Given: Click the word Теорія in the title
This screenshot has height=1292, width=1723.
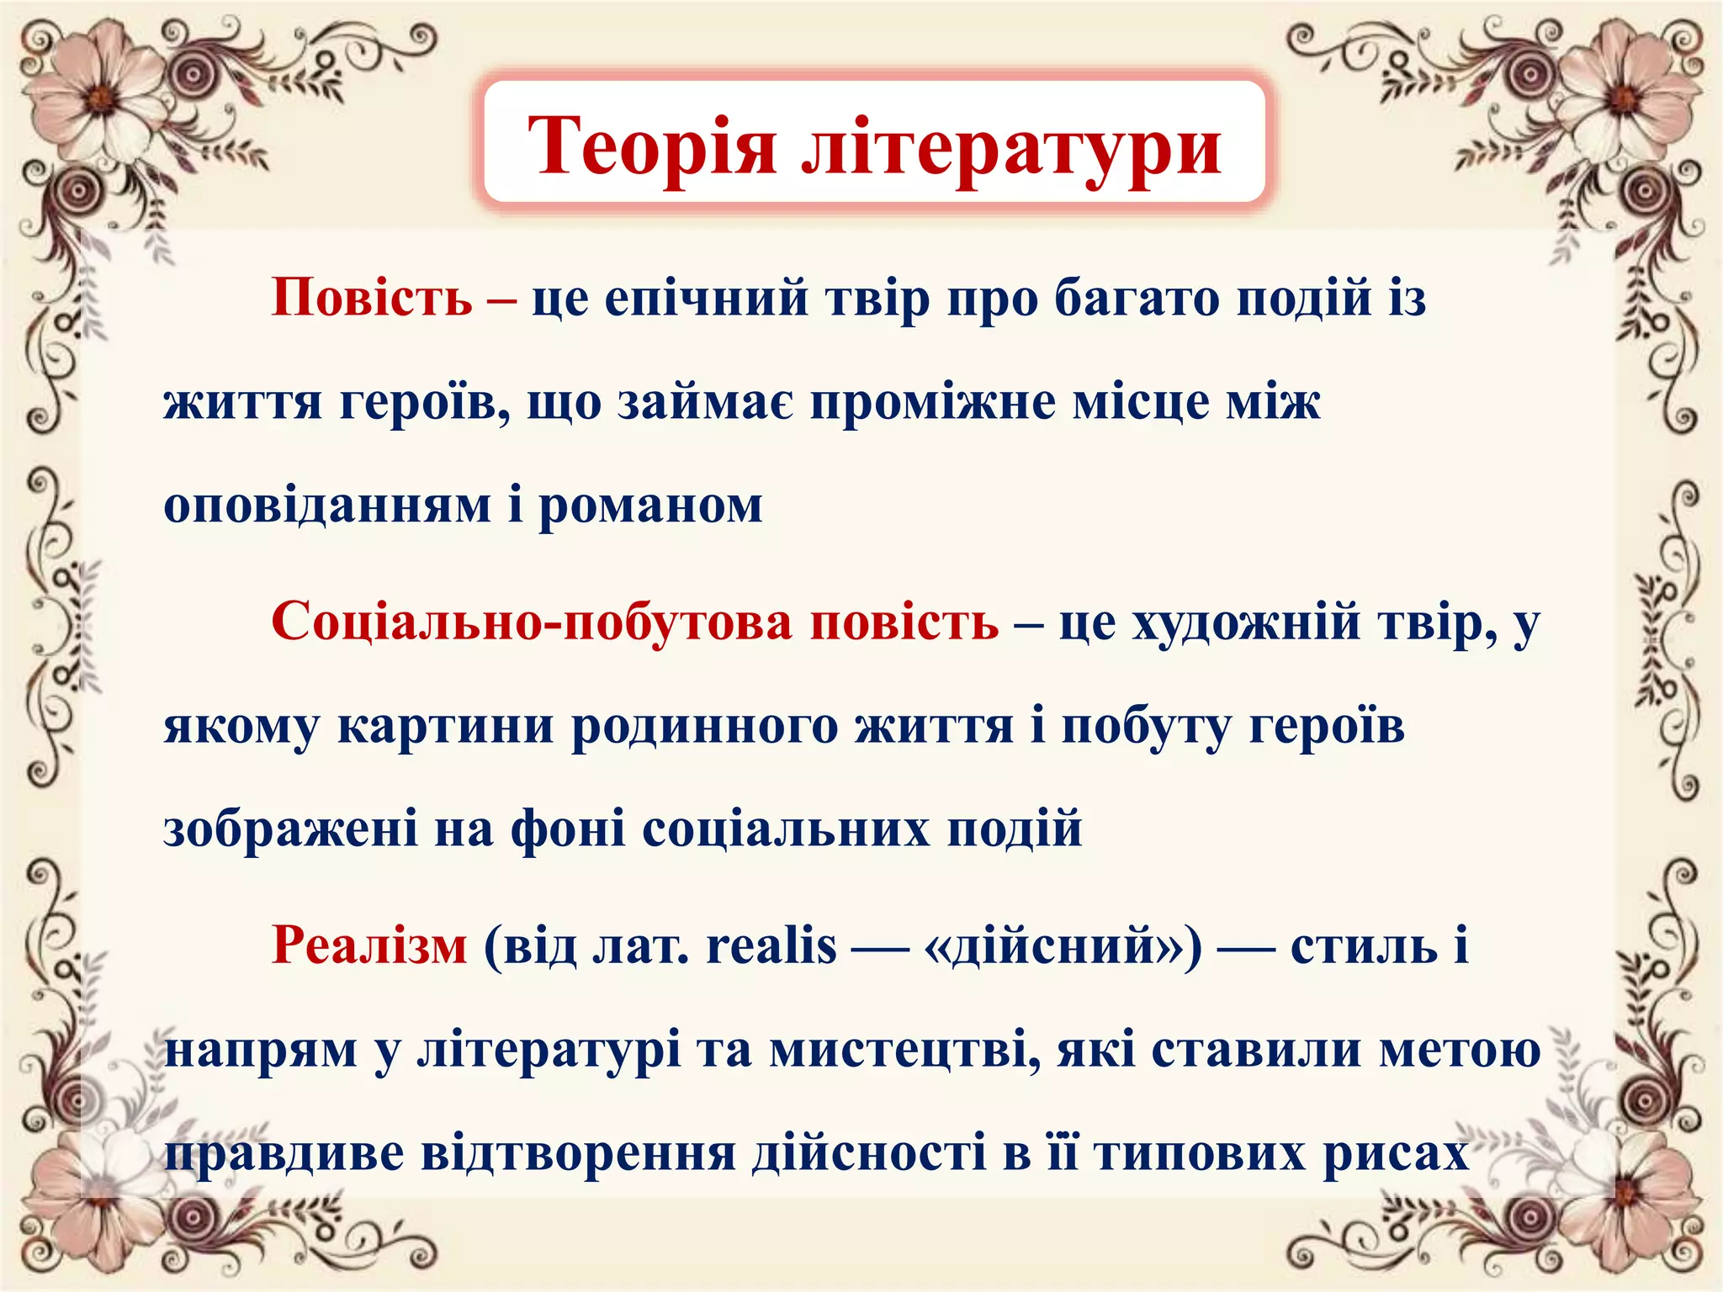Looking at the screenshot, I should pyautogui.click(x=651, y=145).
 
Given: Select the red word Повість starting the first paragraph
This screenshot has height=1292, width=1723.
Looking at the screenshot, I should pyautogui.click(x=372, y=297).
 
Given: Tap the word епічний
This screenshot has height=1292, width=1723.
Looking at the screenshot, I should pyautogui.click(x=706, y=299).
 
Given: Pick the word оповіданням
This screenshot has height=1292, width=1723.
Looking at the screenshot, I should pyautogui.click(x=327, y=506).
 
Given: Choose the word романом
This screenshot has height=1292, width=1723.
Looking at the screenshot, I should pyautogui.click(x=650, y=506).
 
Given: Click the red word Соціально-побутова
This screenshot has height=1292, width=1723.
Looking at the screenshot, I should pyautogui.click(x=532, y=622).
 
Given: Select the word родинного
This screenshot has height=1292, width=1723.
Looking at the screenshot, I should pyautogui.click(x=704, y=726).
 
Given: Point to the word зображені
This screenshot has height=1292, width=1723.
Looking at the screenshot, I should pyautogui.click(x=289, y=829).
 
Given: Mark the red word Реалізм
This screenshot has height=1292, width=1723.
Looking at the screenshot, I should pyautogui.click(x=368, y=945).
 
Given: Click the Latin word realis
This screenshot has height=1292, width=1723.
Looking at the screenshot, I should pyautogui.click(x=771, y=945).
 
